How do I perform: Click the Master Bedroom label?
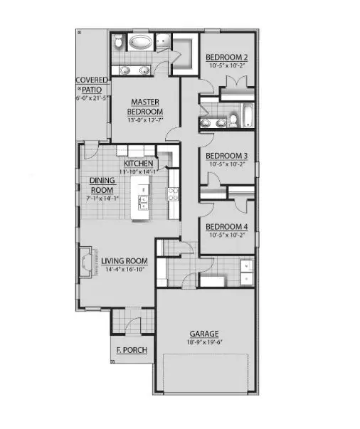144,107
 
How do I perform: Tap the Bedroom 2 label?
227,57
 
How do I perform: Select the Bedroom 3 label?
226,155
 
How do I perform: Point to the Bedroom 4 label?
226,227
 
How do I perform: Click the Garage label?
203,333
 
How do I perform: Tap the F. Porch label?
131,351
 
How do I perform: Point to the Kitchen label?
139,164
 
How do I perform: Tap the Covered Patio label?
92,86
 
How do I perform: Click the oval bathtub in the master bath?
140,43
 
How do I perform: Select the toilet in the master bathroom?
119,43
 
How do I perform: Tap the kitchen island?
142,202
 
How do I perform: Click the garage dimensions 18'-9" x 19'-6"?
203,341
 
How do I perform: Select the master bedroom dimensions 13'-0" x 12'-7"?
144,120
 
